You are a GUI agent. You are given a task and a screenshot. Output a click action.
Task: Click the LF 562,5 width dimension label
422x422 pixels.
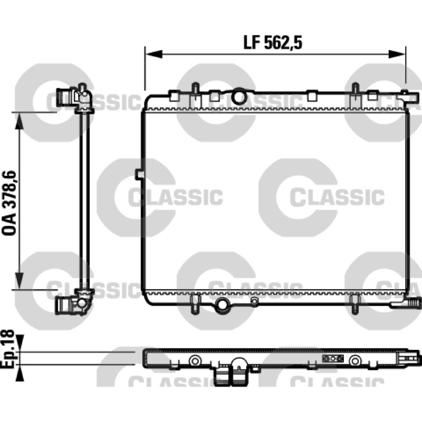[x=273, y=43]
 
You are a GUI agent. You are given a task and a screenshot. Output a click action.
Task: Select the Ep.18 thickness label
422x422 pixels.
[x=7, y=348]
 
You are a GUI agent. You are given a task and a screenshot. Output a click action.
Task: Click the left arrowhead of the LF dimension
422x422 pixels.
[x=154, y=54]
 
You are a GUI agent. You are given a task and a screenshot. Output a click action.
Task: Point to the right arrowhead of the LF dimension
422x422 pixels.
[x=397, y=54]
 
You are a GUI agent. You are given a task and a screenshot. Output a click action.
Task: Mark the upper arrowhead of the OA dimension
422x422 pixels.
[x=20, y=121]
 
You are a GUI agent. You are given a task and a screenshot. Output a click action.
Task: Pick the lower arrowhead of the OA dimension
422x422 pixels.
[x=20, y=281]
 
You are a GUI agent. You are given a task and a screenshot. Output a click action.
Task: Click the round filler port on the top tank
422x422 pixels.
[x=239, y=97]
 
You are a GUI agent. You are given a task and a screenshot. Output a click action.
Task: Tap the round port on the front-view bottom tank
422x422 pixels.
[x=222, y=305]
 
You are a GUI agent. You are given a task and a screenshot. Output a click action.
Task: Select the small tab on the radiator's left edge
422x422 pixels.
[x=138, y=174]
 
